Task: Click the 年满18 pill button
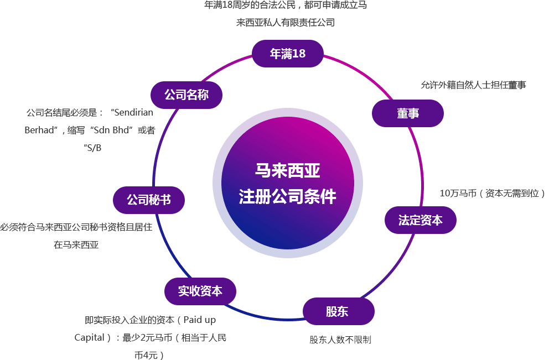tap(287, 54)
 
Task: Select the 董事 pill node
tap(407, 113)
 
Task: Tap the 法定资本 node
tap(421, 220)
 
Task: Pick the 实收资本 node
tap(200, 291)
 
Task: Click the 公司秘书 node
tap(148, 200)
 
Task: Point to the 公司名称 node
tap(187, 95)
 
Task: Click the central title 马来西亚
tap(287, 170)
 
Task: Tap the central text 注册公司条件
tap(287, 196)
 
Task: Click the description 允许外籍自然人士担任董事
tap(473, 85)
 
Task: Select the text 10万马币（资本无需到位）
tap(493, 194)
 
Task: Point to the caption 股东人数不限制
tap(340, 340)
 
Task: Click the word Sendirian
tap(133, 112)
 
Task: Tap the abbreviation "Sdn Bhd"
tap(113, 131)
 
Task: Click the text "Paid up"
tap(199, 320)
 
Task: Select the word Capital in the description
tap(89, 337)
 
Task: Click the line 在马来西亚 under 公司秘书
tap(76, 245)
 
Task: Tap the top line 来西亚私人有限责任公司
tap(286, 23)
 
